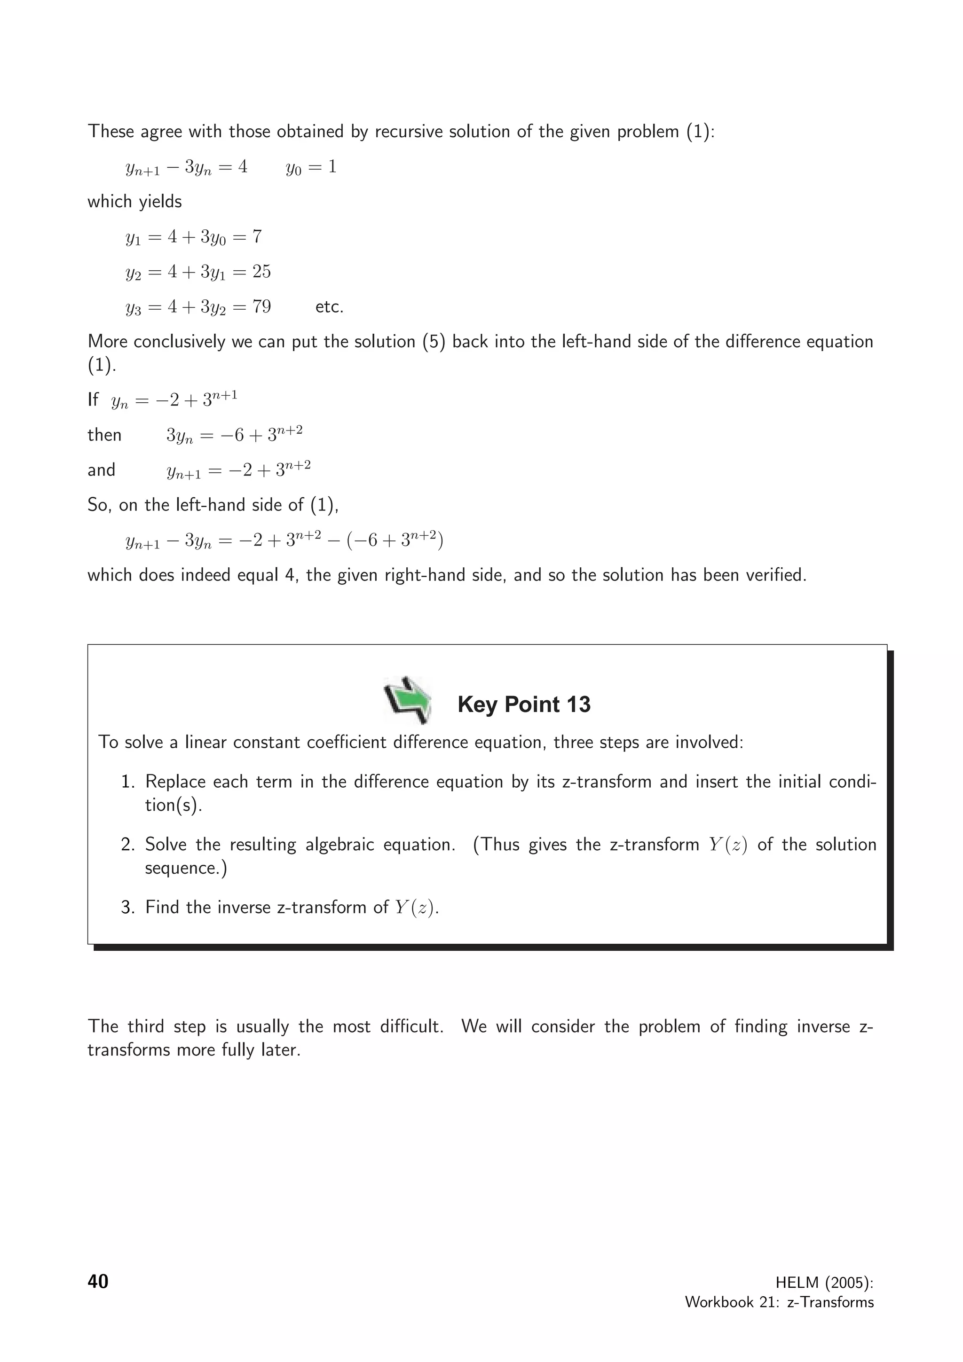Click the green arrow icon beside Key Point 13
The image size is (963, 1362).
408,700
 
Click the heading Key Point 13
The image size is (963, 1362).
524,704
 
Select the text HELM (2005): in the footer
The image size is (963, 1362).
824,1283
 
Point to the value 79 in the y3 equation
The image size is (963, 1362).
261,307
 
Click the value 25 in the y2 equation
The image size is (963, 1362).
261,272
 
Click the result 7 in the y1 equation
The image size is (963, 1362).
256,237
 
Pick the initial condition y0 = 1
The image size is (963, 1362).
311,167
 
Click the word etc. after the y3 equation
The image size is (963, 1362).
329,307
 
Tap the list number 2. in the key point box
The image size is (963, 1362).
128,845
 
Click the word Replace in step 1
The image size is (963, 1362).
174,782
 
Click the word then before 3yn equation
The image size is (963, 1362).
104,435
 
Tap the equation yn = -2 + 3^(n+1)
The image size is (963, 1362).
174,400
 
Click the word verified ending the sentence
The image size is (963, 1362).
774,575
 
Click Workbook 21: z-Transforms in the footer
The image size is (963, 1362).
779,1302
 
